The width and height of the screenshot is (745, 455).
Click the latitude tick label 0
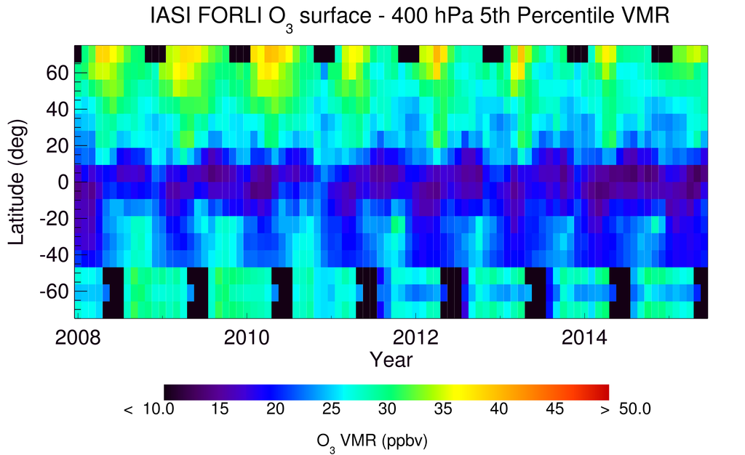tap(64, 182)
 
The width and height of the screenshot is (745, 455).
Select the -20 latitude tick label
tap(54, 219)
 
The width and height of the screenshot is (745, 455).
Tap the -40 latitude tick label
tap(54, 255)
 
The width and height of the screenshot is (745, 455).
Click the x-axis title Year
tap(391, 360)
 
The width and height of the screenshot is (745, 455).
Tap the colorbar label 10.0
tap(159, 410)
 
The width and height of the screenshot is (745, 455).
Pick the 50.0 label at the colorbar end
tap(634, 410)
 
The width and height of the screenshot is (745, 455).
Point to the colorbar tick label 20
tap(275, 410)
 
